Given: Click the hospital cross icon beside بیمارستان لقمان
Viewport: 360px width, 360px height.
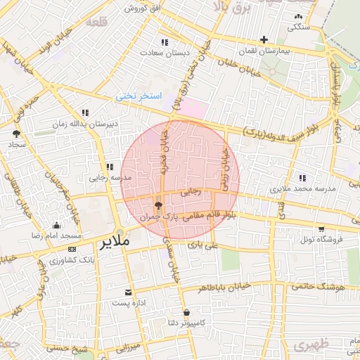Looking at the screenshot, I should tap(264, 39).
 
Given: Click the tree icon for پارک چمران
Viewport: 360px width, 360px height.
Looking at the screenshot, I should tap(157, 205).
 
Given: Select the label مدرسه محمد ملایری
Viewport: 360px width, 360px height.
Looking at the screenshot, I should tap(299, 190).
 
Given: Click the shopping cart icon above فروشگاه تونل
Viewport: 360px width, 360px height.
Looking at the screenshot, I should tap(321, 229).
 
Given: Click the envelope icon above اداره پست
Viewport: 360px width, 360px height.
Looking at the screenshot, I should tap(127, 292).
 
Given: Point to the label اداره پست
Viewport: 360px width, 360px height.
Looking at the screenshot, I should tap(127, 303).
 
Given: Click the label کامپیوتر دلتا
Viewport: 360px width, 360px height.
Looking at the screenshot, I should tap(186, 323).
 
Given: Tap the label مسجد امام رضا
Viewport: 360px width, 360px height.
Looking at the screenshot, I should tap(56, 236).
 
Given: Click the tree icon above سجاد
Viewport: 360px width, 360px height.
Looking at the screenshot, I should tap(16, 133).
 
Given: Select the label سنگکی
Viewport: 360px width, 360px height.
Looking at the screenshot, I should tap(298, 27).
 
